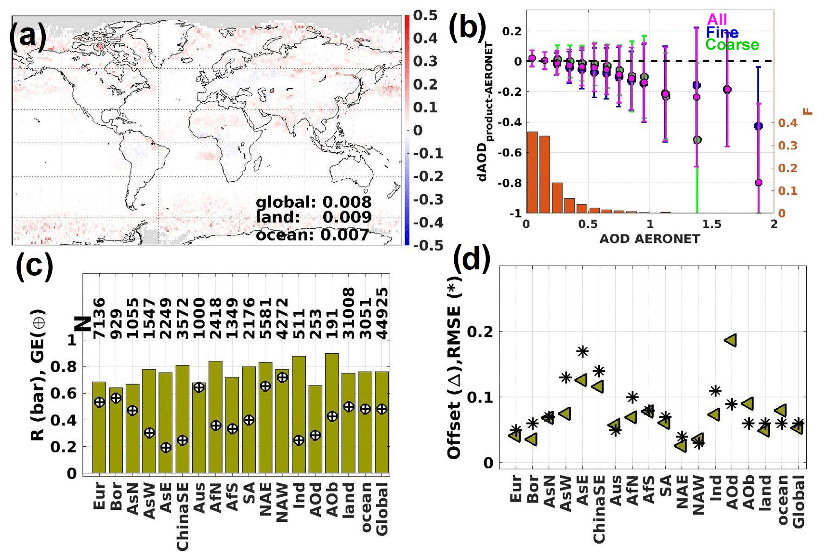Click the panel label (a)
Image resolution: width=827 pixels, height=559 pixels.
click(x=28, y=35)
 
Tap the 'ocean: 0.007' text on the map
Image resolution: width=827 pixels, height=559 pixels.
click(x=312, y=235)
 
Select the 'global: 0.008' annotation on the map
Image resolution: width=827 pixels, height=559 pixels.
click(x=314, y=202)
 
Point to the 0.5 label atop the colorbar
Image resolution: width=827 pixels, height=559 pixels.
click(x=425, y=15)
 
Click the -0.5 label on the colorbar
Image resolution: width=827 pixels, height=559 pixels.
click(x=423, y=245)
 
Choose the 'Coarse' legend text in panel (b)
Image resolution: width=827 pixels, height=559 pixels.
click(x=732, y=45)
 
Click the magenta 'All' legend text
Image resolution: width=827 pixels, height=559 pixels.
click(x=717, y=20)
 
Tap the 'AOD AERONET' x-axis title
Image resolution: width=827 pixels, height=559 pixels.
click(x=649, y=239)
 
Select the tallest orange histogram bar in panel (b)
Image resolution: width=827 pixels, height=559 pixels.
click(x=532, y=172)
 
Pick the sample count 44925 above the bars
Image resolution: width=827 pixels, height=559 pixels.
click(x=382, y=313)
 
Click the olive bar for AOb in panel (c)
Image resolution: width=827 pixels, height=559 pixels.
click(x=332, y=413)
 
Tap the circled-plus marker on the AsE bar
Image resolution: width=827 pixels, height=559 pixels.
click(x=166, y=448)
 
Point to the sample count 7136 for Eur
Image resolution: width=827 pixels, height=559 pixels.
click(x=99, y=318)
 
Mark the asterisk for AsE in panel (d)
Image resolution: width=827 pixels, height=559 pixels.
click(x=582, y=351)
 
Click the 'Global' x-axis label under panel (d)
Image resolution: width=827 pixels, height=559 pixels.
click(x=798, y=502)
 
